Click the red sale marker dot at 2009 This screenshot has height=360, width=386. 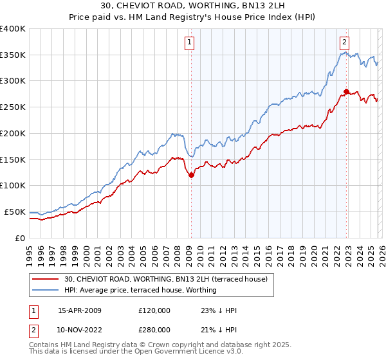191,175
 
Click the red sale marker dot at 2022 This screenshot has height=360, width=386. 346,91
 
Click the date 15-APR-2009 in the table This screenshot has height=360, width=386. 80,310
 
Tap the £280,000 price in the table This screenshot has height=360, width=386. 154,330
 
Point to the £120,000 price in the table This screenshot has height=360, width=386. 154,310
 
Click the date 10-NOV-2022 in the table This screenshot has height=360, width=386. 80,330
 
